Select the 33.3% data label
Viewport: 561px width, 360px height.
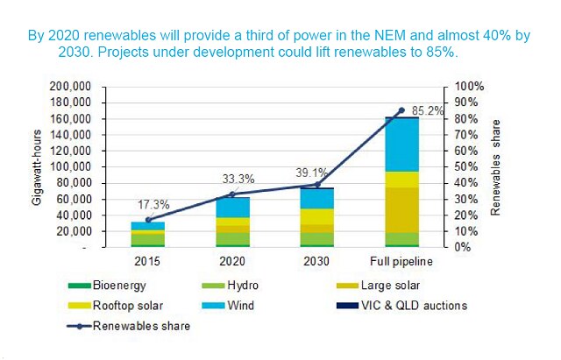pos(238,179)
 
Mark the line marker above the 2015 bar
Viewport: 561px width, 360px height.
pos(147,220)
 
